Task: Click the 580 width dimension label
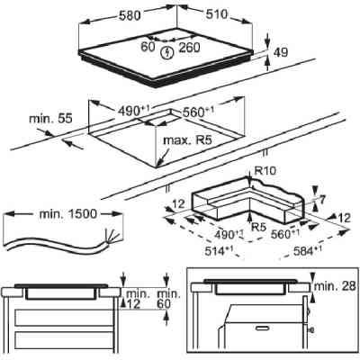pyautogui.click(x=130, y=15)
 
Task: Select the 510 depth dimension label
pyautogui.click(x=217, y=14)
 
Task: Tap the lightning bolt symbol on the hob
pyautogui.click(x=167, y=53)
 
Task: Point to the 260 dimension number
pyautogui.click(x=189, y=47)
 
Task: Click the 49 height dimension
pyautogui.click(x=281, y=52)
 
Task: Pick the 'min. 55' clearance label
pyautogui.click(x=50, y=119)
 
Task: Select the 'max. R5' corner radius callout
pyautogui.click(x=187, y=139)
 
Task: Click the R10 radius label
pyautogui.click(x=265, y=171)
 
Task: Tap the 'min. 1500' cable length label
pyautogui.click(x=68, y=214)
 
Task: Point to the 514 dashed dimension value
pyautogui.click(x=220, y=251)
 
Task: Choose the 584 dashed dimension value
pyautogui.click(x=308, y=251)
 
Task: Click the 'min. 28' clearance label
pyautogui.click(x=335, y=286)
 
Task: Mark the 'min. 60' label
pyautogui.click(x=169, y=299)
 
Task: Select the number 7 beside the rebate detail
pyautogui.click(x=323, y=198)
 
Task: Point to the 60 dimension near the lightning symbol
pyautogui.click(x=148, y=47)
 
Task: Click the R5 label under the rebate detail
pyautogui.click(x=258, y=227)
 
